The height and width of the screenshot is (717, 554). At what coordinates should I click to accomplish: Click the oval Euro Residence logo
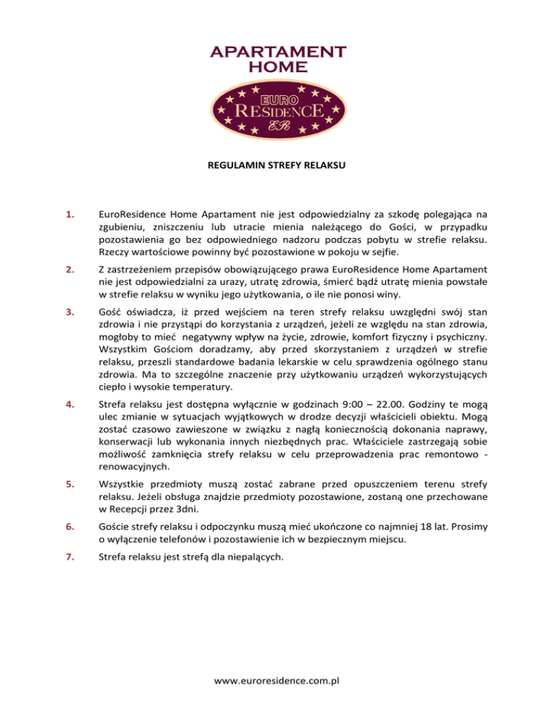277,112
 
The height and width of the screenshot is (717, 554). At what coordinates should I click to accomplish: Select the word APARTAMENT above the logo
277,53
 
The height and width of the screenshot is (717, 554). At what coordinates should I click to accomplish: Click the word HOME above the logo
277,67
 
